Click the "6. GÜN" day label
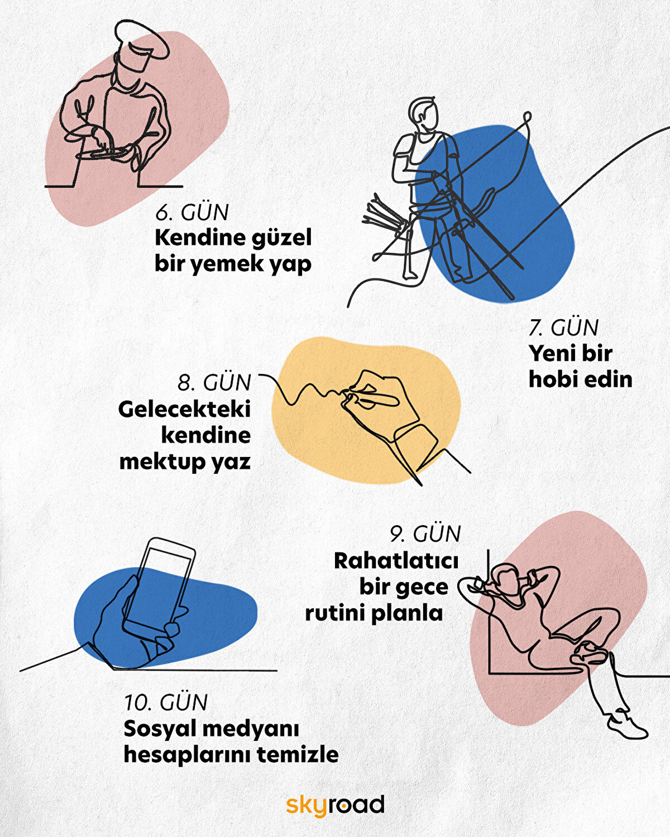192,212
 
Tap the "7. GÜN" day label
563,328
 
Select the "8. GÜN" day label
214,383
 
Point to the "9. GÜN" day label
425,533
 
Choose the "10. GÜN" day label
166,703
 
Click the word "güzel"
281,239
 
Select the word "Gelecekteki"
184,410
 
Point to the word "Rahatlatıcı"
396,561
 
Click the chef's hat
142,40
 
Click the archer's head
423,114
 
